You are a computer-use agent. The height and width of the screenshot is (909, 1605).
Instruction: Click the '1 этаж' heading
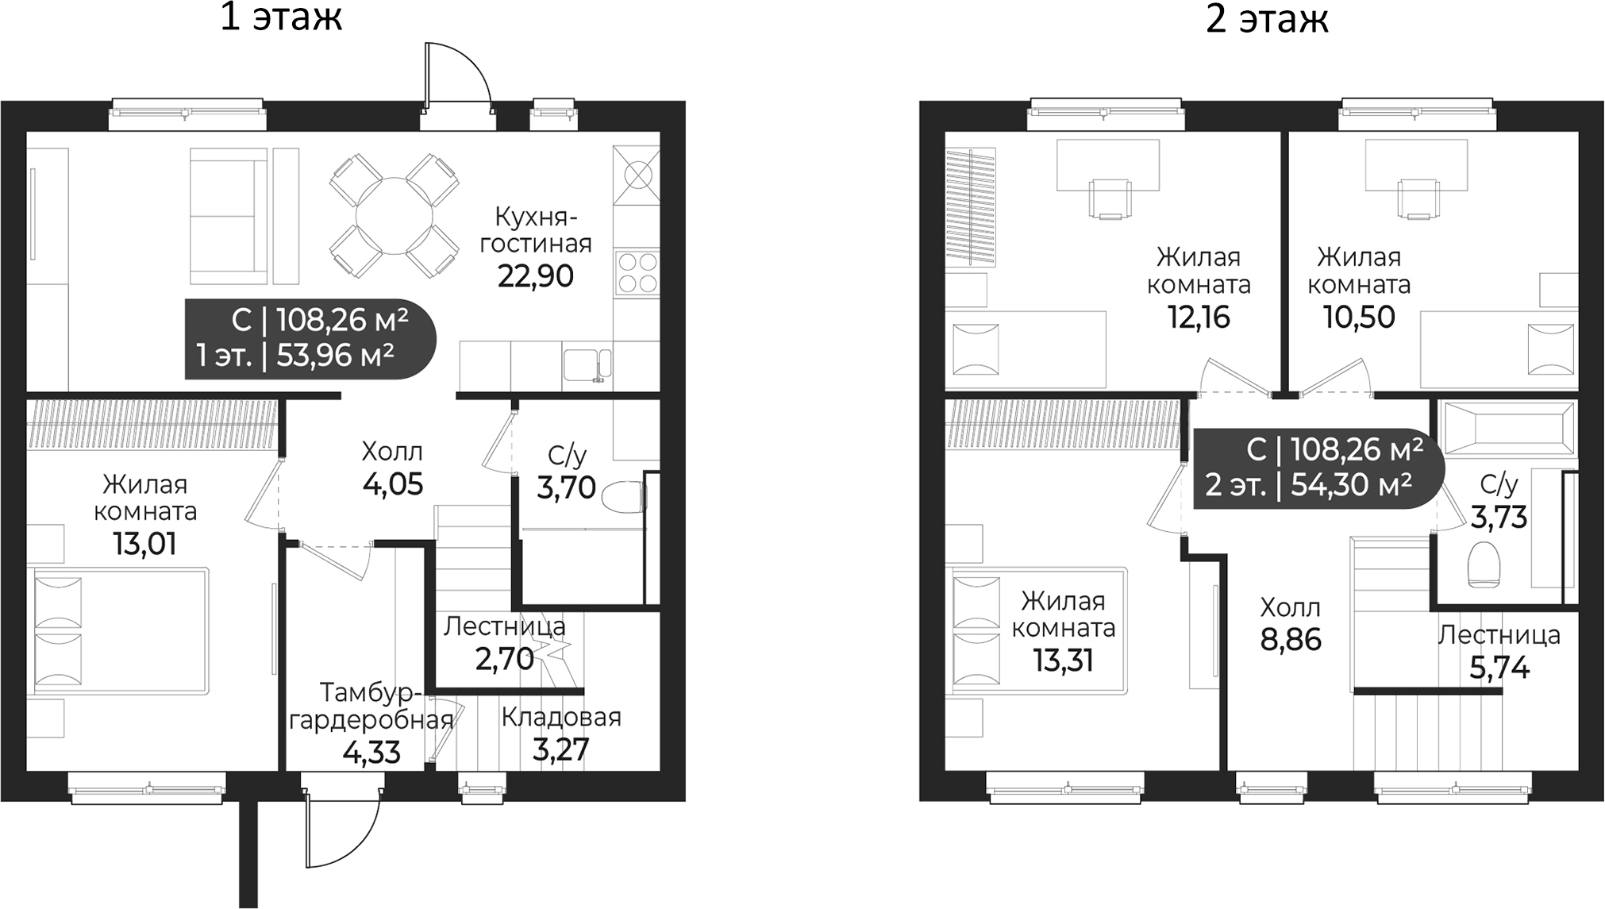pos(281,17)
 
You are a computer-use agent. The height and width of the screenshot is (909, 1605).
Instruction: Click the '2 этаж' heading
pos(1266,19)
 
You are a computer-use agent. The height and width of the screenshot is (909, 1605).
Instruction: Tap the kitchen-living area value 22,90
pos(535,276)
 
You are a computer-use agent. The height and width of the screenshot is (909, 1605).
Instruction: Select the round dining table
pos(395,216)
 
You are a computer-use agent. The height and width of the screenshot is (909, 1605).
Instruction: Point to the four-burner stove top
pos(637,272)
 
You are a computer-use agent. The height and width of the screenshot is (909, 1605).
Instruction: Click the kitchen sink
pos(587,366)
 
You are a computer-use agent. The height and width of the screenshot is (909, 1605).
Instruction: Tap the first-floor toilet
pos(624,498)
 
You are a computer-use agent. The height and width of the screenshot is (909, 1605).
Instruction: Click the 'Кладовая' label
pos(560,717)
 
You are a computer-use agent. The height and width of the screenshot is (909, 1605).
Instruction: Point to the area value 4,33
pos(371,752)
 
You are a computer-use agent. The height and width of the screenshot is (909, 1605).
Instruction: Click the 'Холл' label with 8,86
pos(1290,609)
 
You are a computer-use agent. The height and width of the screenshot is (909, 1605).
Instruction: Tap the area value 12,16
pos(1198,317)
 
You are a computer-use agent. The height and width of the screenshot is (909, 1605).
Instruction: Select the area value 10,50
pos(1358,317)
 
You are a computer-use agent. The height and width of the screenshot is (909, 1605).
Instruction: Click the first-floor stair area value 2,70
pos(503,659)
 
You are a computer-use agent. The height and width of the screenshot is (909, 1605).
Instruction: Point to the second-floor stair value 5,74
pos(1499,668)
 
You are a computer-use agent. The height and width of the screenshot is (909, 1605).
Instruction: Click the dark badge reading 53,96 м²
pos(310,339)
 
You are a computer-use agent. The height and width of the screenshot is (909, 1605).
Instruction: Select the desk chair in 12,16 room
pos(1110,199)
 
